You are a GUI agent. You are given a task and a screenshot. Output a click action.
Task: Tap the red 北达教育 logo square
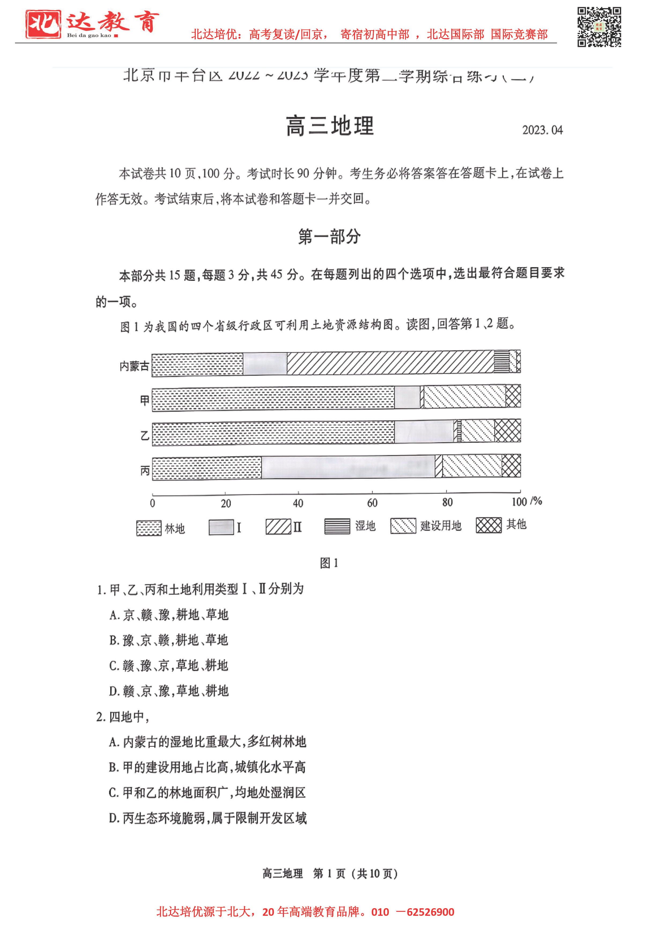[x=43, y=24]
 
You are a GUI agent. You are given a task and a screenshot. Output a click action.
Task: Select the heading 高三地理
[x=330, y=126]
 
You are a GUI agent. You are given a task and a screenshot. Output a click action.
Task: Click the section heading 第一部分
[x=330, y=237]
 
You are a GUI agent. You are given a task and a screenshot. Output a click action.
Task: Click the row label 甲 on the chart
[x=144, y=400]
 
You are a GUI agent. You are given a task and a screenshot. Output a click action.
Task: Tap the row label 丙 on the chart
[x=145, y=470]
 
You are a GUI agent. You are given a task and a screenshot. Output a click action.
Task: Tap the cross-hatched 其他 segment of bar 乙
[x=507, y=431]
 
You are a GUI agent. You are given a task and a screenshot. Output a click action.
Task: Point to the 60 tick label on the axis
[x=372, y=503]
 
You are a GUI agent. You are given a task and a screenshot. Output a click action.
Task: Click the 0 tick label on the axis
[x=152, y=503]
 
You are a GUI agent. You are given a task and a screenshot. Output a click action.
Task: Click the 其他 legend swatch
[x=488, y=525]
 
